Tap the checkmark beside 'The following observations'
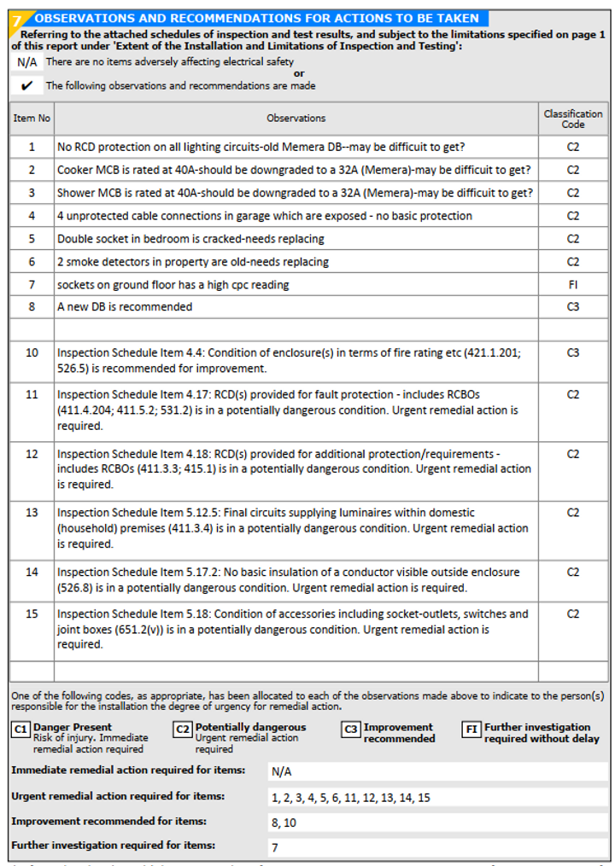tap(27, 85)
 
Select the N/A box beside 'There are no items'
tap(26, 62)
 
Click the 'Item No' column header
tap(32, 119)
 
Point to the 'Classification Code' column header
tap(573, 119)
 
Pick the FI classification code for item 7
tap(573, 284)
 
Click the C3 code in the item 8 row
tap(573, 306)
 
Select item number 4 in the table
tap(32, 216)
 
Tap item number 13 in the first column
tap(32, 513)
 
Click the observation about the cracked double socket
tap(202, 239)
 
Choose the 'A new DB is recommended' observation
tap(125, 306)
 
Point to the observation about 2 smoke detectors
tap(193, 262)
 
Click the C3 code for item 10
tap(573, 352)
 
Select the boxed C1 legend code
tap(20, 729)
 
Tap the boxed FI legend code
tap(471, 729)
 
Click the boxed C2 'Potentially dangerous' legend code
tap(183, 729)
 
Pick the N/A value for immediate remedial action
tap(282, 772)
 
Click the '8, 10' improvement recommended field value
tap(284, 822)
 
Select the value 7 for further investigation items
tap(275, 848)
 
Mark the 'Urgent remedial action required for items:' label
tap(118, 796)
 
